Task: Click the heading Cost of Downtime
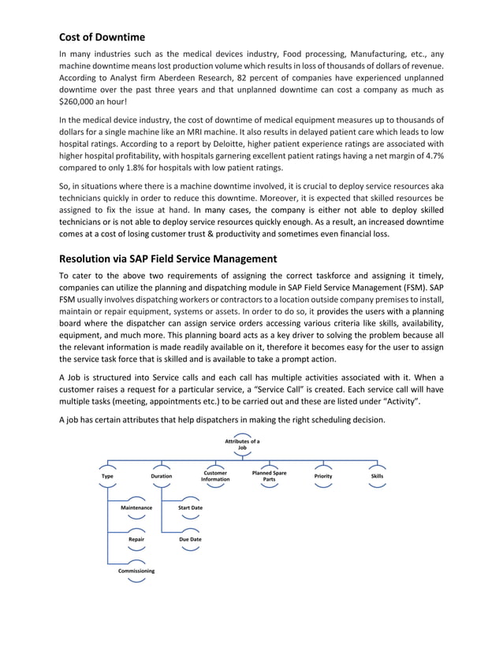click(102, 36)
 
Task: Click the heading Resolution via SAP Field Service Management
click(170, 258)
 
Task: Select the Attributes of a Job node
click(242, 444)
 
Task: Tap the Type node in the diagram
click(107, 476)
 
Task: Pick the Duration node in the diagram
click(161, 476)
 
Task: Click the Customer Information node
click(215, 476)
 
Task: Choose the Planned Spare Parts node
click(269, 476)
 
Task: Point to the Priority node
click(322, 476)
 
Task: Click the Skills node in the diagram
click(377, 476)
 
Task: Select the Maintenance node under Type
click(136, 508)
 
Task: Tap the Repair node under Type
click(136, 540)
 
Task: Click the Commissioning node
click(136, 571)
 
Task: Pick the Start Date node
click(190, 508)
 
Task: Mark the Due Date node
click(190, 540)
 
